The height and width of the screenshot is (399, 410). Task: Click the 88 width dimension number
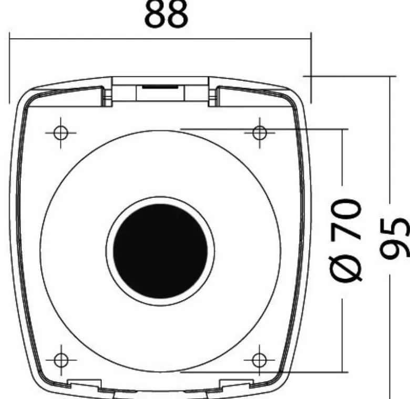pyautogui.click(x=166, y=14)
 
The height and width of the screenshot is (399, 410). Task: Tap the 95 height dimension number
pyautogui.click(x=395, y=238)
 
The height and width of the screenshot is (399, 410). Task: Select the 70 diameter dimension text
pyautogui.click(x=346, y=219)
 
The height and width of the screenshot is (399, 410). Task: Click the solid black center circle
pyautogui.click(x=160, y=251)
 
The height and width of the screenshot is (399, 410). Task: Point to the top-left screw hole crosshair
pyautogui.click(x=60, y=133)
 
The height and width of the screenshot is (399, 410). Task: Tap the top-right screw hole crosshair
pyautogui.click(x=260, y=133)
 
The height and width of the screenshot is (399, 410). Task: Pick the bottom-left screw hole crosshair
pyautogui.click(x=61, y=360)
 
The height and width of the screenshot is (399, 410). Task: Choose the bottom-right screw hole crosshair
pyautogui.click(x=259, y=360)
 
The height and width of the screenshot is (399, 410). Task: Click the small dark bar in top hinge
pyautogui.click(x=160, y=87)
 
